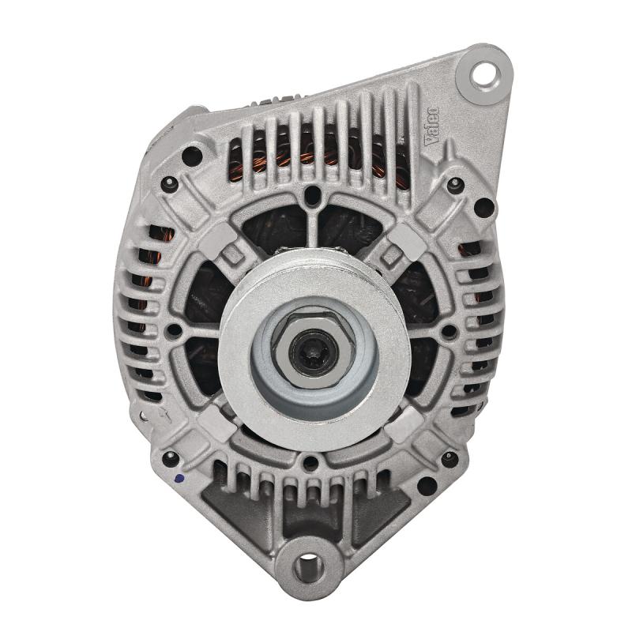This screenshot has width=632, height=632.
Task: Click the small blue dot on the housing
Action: coord(179,478)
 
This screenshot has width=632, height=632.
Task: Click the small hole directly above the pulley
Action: coord(312,194)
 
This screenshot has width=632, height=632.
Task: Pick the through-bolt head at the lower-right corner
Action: coord(450,457)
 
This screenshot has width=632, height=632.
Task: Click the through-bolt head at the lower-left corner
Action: coord(168,457)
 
